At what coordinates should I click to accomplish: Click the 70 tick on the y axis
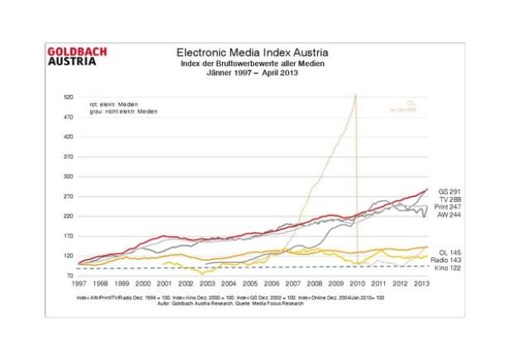tap(70, 276)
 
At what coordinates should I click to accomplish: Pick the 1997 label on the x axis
tap(79, 283)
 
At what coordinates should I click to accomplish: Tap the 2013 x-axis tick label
tap(421, 283)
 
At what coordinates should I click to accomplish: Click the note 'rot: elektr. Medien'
tap(110, 103)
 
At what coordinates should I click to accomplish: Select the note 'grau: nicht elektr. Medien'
tap(123, 111)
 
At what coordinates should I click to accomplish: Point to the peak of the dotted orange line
tap(355, 95)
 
